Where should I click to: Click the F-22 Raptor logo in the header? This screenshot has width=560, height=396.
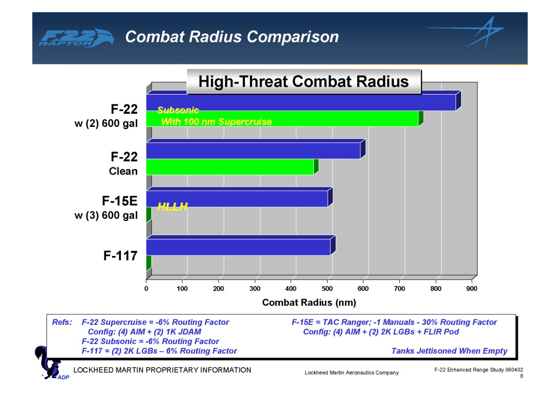75,38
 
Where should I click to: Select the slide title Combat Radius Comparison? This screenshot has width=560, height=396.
232,37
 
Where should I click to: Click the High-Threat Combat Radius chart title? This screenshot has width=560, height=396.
304,81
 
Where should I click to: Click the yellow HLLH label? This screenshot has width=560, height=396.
172,206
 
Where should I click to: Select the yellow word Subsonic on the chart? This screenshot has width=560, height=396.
178,110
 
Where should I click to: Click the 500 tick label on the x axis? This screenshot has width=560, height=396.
327,289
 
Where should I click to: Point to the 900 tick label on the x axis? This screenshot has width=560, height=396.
472,289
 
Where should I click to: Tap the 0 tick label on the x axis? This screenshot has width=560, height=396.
146,289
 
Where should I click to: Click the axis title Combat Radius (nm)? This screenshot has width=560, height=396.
309,302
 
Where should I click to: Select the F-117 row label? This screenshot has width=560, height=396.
120,255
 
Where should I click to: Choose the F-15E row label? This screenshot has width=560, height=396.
120,201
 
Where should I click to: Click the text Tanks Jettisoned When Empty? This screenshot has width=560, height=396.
450,351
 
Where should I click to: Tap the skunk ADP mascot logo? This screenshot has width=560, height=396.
50,363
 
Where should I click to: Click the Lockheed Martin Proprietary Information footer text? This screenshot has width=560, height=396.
162,370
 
